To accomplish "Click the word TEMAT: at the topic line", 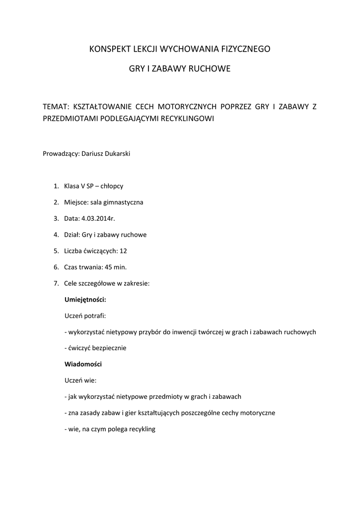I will point(56,107).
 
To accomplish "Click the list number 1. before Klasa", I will point(57,186).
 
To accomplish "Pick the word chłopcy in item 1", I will point(112,186).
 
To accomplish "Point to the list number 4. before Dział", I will point(57,235).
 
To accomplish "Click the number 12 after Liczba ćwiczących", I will point(130,251).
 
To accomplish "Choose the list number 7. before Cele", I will point(57,283).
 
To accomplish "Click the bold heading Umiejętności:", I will point(85,300).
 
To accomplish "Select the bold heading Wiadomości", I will point(83,364).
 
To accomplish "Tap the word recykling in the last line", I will point(142,429).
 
